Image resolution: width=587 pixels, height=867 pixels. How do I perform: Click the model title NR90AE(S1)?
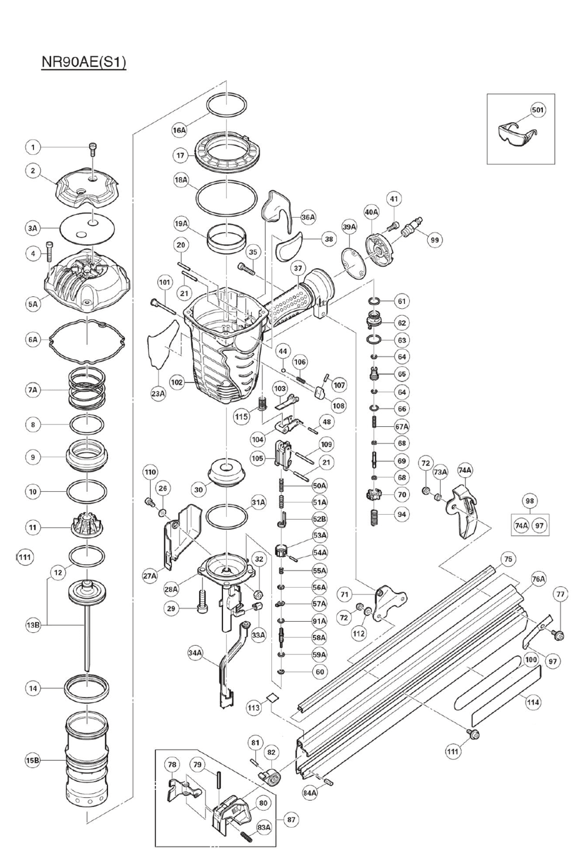coord(83,62)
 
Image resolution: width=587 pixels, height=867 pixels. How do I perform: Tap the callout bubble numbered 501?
coord(538,110)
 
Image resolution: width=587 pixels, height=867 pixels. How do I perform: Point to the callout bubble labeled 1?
coord(33,147)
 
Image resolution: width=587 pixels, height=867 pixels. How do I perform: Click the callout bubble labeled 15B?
coord(33,760)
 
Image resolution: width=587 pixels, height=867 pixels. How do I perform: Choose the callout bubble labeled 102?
coord(177,382)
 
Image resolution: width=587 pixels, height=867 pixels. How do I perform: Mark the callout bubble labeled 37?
coord(298,268)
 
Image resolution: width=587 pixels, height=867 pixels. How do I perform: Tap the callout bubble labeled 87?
coord(292,820)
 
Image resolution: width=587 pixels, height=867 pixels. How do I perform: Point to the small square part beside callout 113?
coord(272,697)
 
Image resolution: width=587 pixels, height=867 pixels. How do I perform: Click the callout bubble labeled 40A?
coord(372,211)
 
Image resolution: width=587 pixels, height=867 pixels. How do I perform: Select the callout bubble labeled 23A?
coord(158,393)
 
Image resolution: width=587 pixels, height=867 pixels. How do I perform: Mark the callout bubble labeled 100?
coord(531,660)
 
